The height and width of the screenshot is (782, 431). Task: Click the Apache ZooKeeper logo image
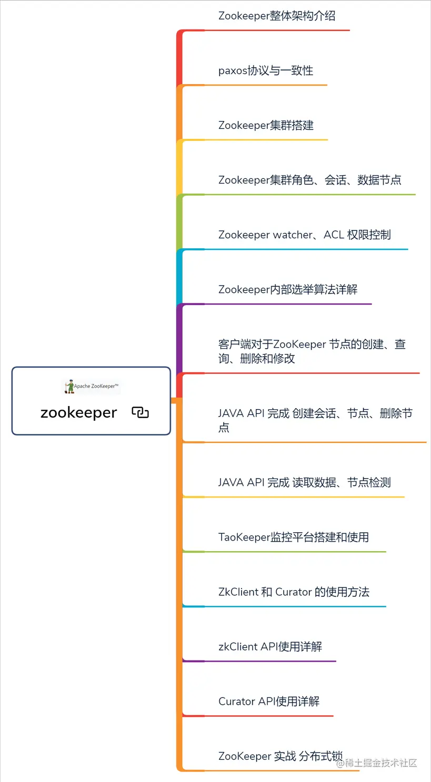[92, 387]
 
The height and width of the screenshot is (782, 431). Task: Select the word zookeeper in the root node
[78, 413]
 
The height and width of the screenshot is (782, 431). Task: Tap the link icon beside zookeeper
[141, 413]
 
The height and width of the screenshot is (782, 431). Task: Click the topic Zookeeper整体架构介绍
[277, 16]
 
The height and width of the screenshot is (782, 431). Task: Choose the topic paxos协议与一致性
[266, 70]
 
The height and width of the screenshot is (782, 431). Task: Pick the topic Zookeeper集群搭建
[266, 125]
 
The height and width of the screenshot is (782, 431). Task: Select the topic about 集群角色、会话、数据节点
[309, 180]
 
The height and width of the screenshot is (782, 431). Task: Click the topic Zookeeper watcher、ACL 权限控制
[304, 235]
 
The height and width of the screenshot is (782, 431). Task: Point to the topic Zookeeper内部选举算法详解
[288, 289]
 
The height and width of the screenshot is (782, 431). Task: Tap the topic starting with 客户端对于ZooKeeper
[312, 351]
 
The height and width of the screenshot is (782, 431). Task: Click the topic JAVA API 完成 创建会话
[315, 420]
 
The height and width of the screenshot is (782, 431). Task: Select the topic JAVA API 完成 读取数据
[304, 482]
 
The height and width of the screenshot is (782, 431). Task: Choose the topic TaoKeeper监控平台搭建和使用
[293, 537]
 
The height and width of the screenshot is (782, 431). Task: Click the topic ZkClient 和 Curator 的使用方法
[294, 592]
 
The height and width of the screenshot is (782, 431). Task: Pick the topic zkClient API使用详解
[270, 646]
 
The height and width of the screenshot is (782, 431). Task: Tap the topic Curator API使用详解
[269, 701]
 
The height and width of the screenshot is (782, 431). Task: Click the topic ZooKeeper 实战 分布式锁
[280, 756]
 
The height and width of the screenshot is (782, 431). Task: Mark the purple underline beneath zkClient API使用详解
[263, 661]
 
